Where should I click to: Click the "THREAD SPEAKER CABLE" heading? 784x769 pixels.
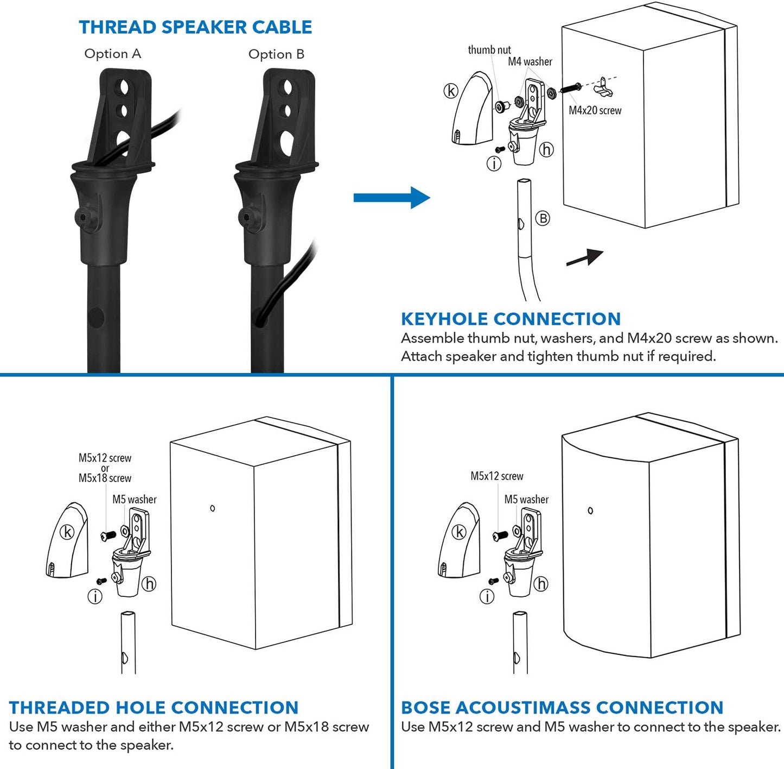195,27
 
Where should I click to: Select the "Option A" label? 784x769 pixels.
113,54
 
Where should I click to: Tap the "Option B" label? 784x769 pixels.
276,54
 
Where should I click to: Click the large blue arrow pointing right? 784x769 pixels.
391,198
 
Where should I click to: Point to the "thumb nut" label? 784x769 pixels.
489,50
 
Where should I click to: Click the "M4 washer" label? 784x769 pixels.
530,62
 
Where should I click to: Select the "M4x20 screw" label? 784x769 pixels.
595,110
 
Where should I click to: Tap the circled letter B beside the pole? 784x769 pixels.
542,218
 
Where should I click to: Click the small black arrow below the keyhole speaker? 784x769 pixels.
585,257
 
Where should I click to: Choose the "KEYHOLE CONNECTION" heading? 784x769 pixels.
511,319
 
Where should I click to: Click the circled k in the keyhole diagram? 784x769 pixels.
451,91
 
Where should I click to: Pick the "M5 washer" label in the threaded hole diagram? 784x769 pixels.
134,499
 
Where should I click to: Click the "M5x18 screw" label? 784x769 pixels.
105,478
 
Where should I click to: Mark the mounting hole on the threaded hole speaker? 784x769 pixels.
212,508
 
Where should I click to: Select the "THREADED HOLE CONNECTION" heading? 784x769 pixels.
154,708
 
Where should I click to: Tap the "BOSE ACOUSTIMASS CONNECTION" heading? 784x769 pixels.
562,708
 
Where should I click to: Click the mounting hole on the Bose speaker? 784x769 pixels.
590,510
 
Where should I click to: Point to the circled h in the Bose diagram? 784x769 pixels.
541,584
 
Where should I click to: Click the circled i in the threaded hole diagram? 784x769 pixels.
95,597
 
